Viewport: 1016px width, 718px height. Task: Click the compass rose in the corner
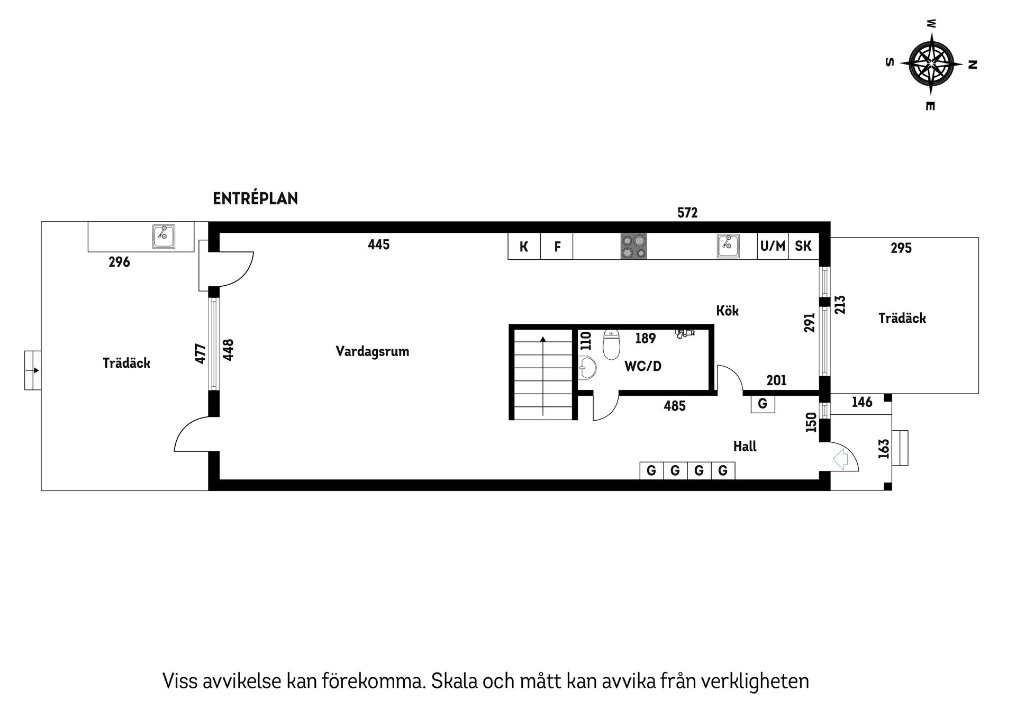coord(931,63)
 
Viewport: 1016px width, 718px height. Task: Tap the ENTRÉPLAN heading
coord(255,199)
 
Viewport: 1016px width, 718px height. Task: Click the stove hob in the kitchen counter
coord(633,247)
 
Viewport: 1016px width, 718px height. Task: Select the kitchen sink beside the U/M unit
coord(728,246)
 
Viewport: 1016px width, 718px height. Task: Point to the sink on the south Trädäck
coord(164,236)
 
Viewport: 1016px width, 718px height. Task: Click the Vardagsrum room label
coord(372,352)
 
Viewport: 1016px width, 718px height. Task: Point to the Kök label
coord(727,311)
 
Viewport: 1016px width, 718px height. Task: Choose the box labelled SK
coord(803,246)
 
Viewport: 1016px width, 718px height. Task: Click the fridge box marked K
coord(524,247)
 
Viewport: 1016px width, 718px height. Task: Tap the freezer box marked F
coord(557,247)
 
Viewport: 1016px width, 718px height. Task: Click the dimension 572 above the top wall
coord(687,213)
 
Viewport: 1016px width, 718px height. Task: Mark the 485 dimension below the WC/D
coord(675,406)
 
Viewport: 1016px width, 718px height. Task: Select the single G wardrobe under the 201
coord(763,404)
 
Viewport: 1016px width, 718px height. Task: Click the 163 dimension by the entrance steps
coord(883,449)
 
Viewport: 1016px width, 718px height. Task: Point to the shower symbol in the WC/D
coord(685,333)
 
